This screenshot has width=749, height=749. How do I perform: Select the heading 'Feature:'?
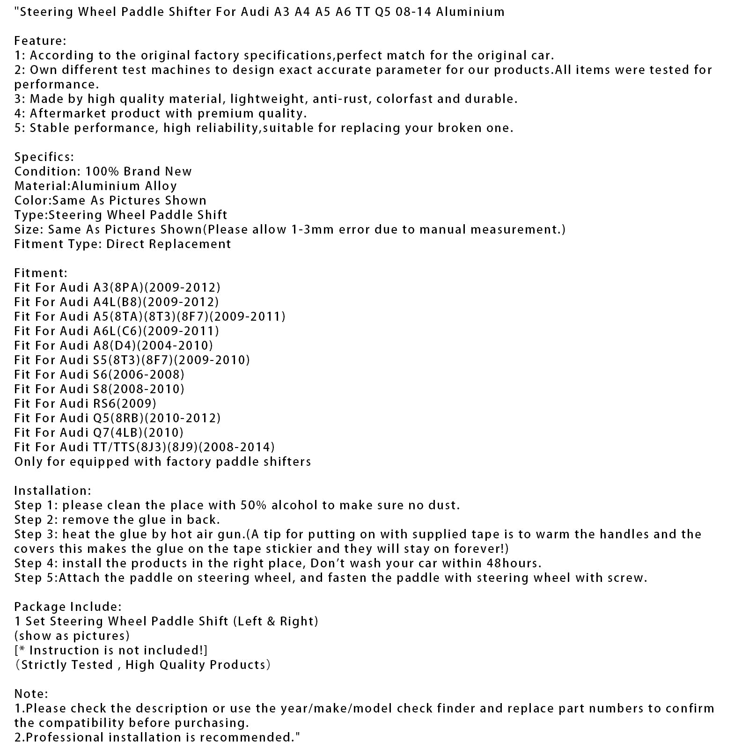coord(40,41)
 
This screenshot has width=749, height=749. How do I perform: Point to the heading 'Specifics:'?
coord(44,157)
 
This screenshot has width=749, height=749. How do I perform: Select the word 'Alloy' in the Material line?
coord(161,186)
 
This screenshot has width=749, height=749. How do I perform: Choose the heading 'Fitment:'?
coord(41,273)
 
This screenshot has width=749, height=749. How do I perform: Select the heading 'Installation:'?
coord(52,491)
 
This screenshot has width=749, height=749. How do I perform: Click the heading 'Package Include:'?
coord(67,607)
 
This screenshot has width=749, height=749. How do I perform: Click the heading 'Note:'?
coord(31,694)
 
